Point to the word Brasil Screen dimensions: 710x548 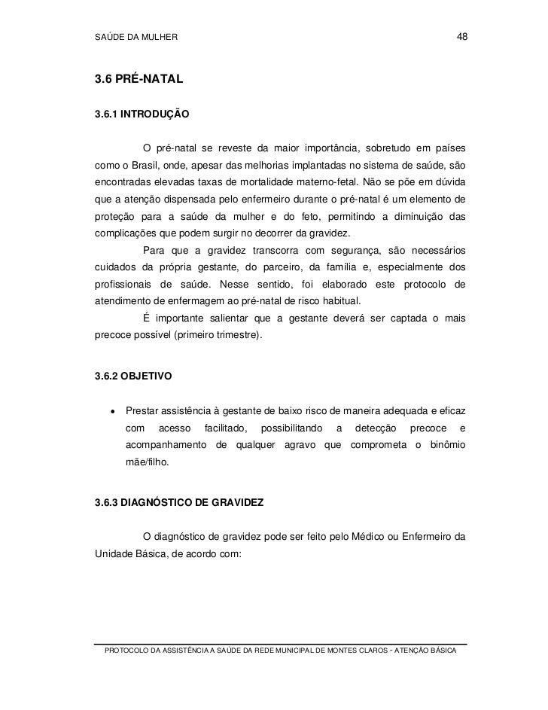147,165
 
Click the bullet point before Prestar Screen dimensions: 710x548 112,411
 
